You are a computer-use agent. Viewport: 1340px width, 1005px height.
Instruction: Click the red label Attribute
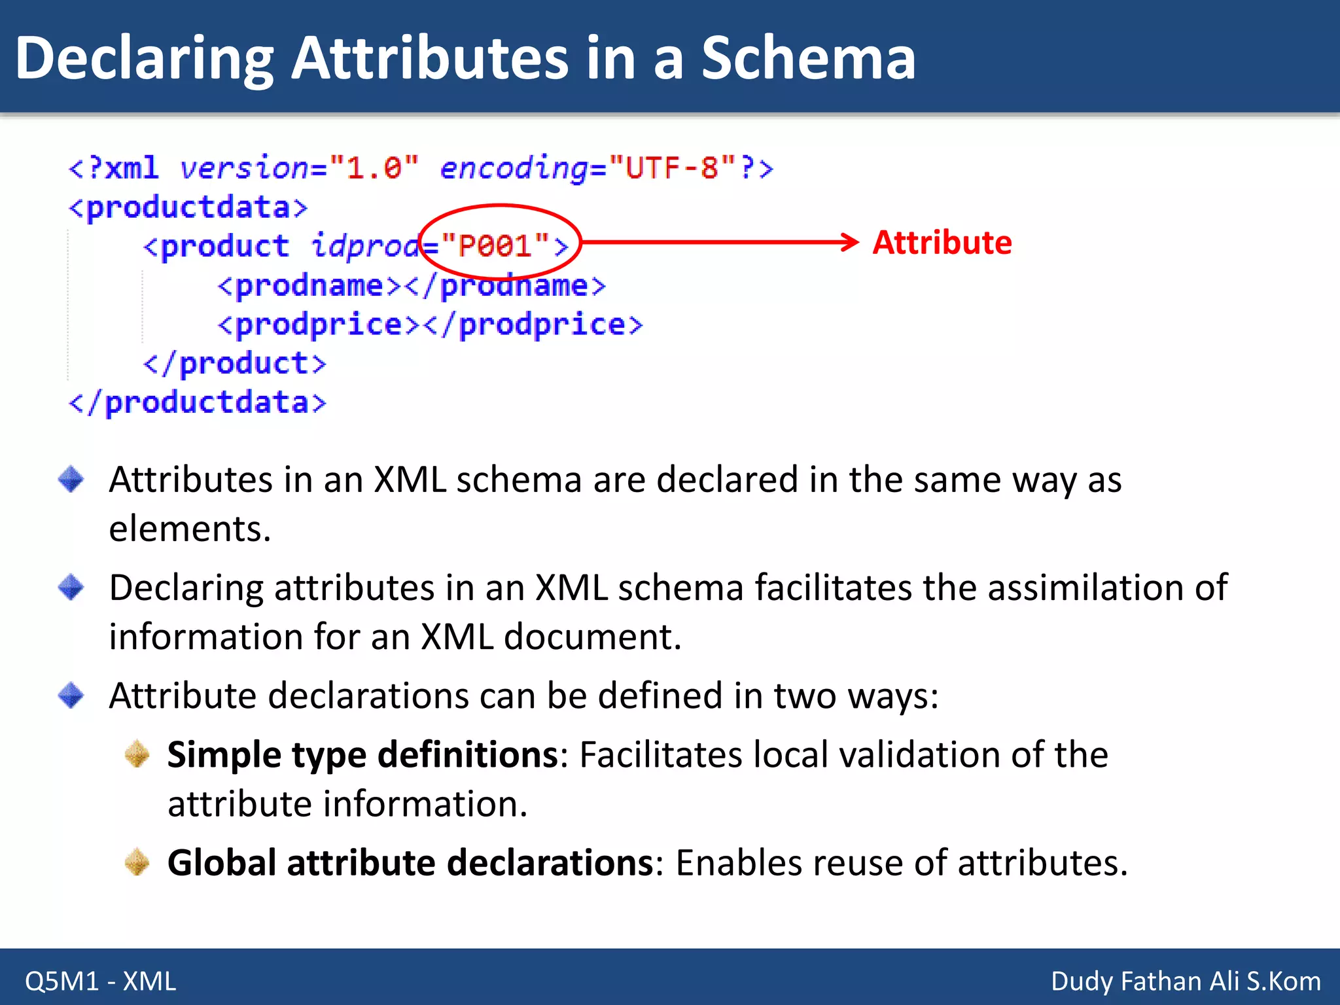(x=942, y=243)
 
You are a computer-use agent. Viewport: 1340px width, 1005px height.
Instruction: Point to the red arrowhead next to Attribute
(x=851, y=242)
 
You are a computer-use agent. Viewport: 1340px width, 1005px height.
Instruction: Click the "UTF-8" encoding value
(x=671, y=168)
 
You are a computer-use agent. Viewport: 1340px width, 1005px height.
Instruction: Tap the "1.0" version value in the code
(x=374, y=168)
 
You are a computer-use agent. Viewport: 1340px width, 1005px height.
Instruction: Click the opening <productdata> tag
(x=188, y=208)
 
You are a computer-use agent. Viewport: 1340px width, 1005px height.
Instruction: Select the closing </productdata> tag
(x=197, y=402)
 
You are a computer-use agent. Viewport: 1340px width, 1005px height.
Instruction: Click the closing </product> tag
(x=234, y=364)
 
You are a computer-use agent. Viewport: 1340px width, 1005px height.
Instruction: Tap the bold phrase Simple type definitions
(x=362, y=754)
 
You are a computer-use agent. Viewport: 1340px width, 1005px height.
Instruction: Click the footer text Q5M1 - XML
(x=101, y=981)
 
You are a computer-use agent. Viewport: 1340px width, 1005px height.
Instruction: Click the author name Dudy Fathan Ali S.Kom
(x=1185, y=981)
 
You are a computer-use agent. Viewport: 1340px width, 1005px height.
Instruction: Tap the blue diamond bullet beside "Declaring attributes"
(x=71, y=587)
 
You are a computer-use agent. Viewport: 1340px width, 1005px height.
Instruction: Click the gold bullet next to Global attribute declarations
(x=137, y=862)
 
